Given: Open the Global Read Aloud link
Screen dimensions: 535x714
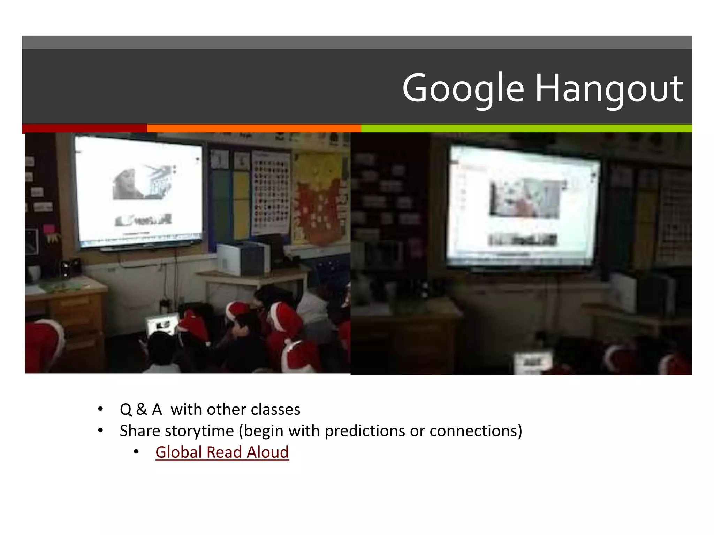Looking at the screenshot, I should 222,452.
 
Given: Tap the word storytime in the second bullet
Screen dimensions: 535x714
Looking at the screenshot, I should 199,431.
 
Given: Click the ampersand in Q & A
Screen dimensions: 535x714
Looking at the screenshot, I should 142,409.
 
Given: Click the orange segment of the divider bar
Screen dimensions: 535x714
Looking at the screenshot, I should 254,128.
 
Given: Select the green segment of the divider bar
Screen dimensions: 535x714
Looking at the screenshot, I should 526,128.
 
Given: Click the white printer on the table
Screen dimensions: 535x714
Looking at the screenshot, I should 243,258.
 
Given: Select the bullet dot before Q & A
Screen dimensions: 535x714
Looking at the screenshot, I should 100,409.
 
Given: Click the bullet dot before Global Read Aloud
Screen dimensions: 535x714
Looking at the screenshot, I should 136,452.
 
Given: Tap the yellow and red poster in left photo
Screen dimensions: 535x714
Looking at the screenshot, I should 319,199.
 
